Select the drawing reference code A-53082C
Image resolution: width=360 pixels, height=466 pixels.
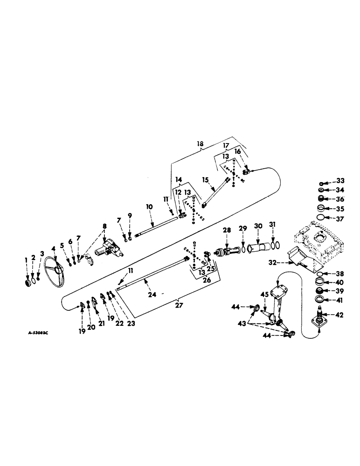pos(37,334)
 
